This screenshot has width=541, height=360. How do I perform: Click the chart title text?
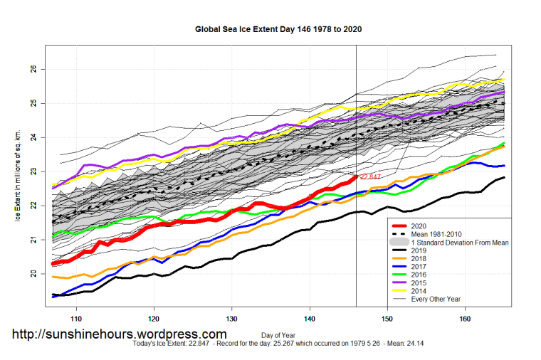pyautogui.click(x=274, y=31)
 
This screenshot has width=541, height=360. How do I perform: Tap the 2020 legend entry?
pyautogui.click(x=420, y=225)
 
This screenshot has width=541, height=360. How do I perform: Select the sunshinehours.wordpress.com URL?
pyautogui.click(x=120, y=334)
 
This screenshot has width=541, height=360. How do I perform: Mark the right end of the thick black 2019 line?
pyautogui.click(x=504, y=177)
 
